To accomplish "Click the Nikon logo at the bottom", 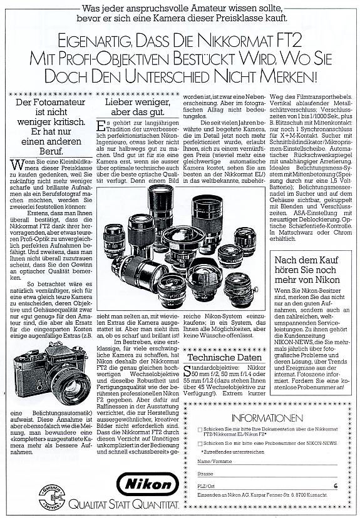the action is pyautogui.click(x=148, y=485).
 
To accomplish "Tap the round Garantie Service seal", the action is pyautogui.click(x=52, y=497).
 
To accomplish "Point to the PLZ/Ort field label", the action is pyautogui.click(x=207, y=485).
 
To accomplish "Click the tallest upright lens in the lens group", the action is pyautogui.click(x=161, y=213).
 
